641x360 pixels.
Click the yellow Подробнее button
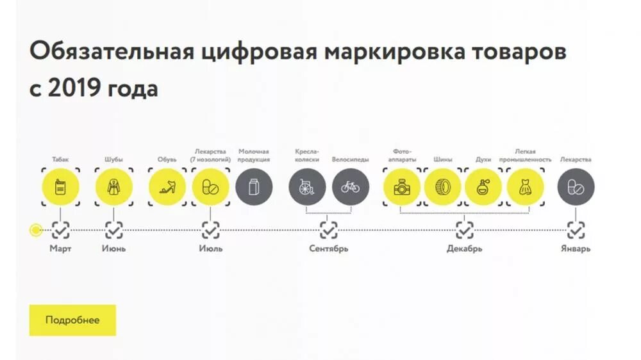[72, 320]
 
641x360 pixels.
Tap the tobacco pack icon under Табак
[60, 187]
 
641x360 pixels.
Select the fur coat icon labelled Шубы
[114, 187]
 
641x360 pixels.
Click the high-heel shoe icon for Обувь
[167, 187]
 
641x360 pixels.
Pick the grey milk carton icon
[254, 187]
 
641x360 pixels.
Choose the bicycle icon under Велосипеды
[351, 187]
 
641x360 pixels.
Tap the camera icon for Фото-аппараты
[402, 187]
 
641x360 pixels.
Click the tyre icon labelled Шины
[442, 187]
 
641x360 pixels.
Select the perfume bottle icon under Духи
[483, 187]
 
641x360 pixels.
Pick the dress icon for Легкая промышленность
[526, 187]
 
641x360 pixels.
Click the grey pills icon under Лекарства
[576, 187]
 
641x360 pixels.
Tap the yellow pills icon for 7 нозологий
[210, 187]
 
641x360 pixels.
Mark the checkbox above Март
[61, 229]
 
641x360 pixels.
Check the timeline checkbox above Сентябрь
[329, 229]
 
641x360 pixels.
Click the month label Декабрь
[464, 249]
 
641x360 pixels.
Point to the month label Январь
[576, 249]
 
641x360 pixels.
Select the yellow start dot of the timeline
[36, 229]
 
